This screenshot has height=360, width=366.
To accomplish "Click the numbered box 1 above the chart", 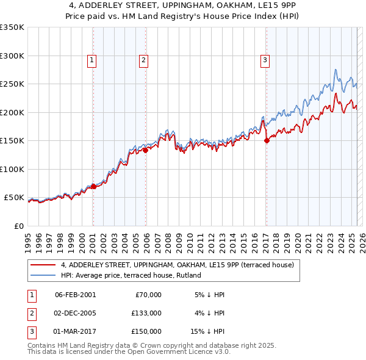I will (x=91, y=60).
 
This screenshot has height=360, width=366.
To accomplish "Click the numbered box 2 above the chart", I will (x=143, y=60).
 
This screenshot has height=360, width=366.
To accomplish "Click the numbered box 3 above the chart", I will (x=265, y=60).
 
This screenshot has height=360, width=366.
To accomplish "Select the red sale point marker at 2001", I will (x=93, y=186).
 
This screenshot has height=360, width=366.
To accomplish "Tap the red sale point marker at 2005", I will (x=146, y=150).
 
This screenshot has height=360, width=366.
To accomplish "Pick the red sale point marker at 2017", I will (x=267, y=140).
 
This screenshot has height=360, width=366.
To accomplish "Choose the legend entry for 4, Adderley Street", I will (x=178, y=265).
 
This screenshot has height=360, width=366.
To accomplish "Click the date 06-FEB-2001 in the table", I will (x=75, y=295).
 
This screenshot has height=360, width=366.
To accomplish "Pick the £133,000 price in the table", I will (x=146, y=313).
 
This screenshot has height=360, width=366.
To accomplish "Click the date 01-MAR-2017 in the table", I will (x=75, y=331).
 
